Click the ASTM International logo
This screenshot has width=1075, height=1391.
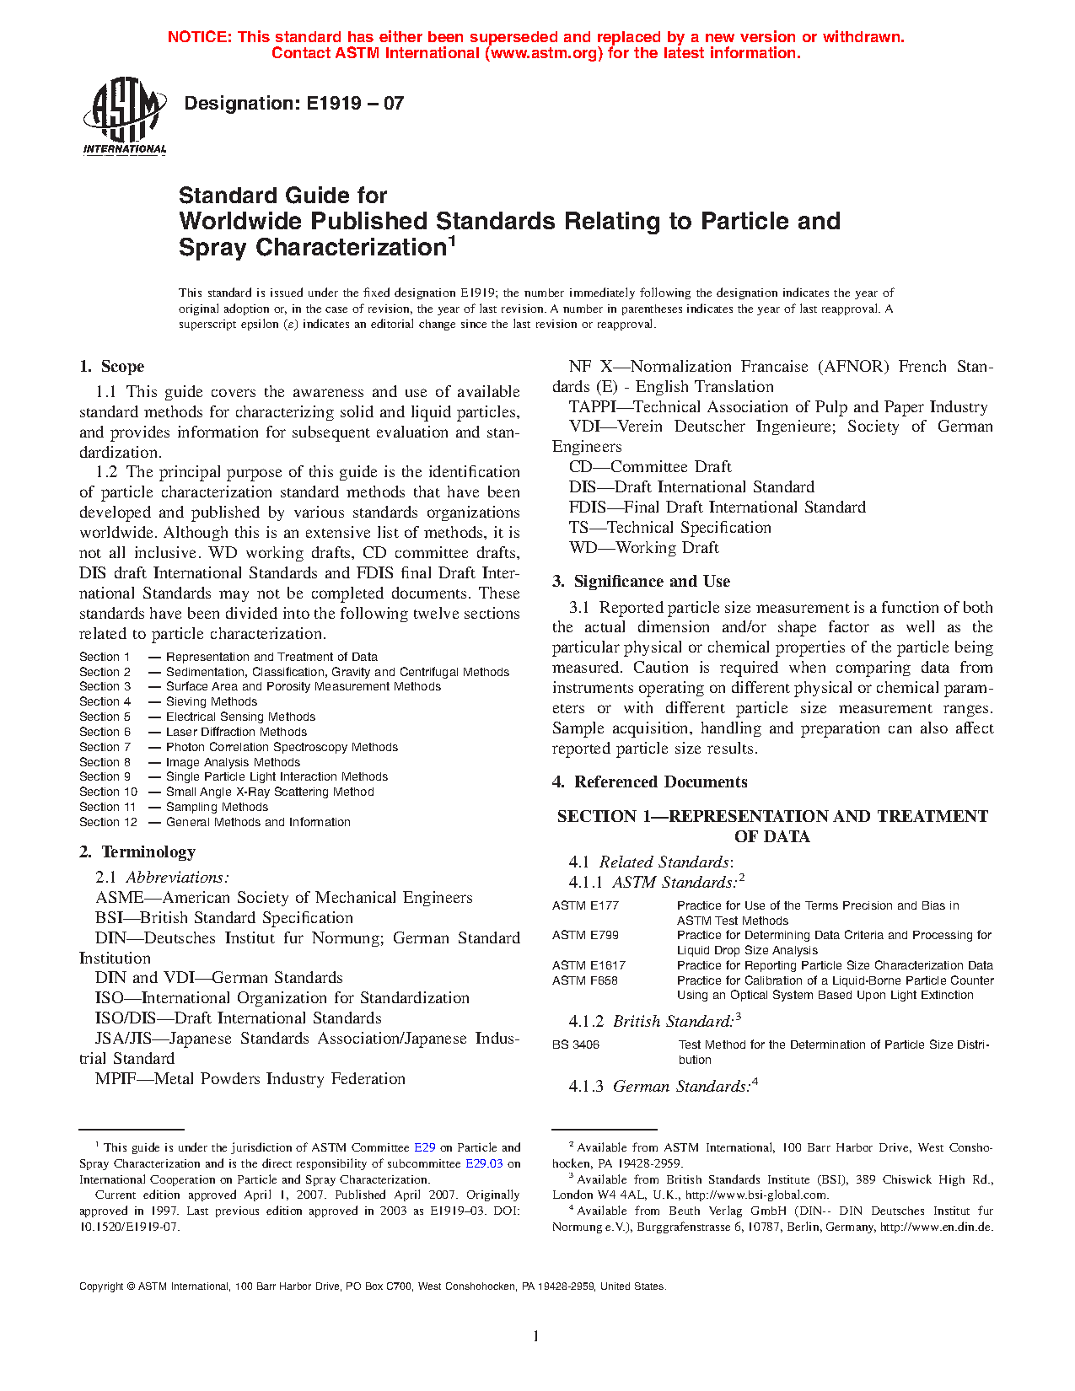124,115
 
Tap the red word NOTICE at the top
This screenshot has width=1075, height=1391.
199,37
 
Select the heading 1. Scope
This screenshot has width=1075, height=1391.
112,367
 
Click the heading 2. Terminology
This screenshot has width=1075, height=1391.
137,851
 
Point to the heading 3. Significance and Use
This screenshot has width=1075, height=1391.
641,582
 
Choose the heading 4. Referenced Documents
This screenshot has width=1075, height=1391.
649,782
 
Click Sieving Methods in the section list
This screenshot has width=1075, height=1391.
211,701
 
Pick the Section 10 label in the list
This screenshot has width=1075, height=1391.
108,792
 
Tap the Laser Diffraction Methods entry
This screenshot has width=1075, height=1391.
236,732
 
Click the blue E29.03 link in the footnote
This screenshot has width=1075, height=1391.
484,1163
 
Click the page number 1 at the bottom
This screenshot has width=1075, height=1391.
536,1335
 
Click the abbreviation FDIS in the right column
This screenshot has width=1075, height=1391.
589,508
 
